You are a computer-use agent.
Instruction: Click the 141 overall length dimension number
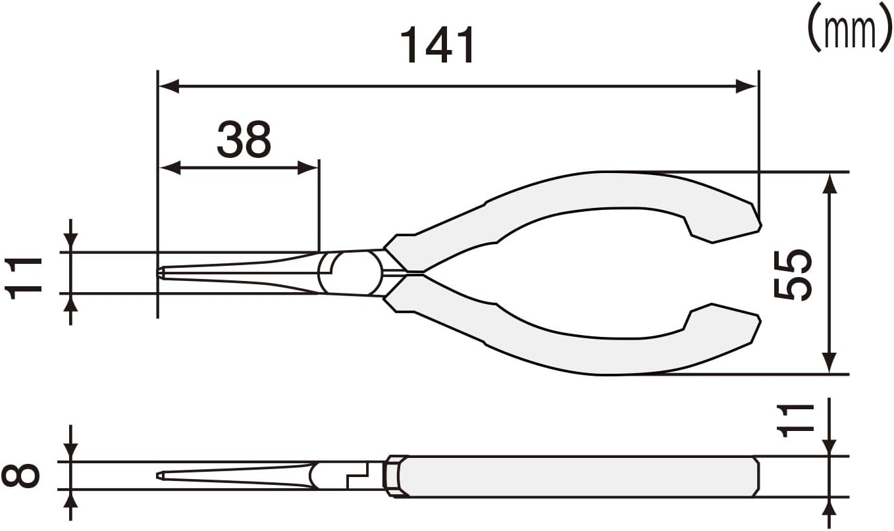pyautogui.click(x=438, y=46)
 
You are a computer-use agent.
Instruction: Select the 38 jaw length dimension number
pyautogui.click(x=244, y=139)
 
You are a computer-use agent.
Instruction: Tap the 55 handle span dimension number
pyautogui.click(x=792, y=274)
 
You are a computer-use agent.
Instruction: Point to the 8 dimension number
pyautogui.click(x=21, y=476)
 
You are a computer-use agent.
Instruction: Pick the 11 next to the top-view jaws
pyautogui.click(x=25, y=278)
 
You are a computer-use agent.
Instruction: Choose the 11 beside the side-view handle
pyautogui.click(x=792, y=420)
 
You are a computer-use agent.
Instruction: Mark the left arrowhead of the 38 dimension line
pyautogui.click(x=170, y=168)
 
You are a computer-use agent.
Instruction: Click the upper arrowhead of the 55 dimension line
pyautogui.click(x=829, y=183)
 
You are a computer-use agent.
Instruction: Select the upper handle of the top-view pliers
pyautogui.click(x=592, y=191)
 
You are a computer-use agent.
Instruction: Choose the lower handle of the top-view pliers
pyautogui.click(x=592, y=355)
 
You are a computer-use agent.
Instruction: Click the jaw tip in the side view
pyautogui.click(x=161, y=475)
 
